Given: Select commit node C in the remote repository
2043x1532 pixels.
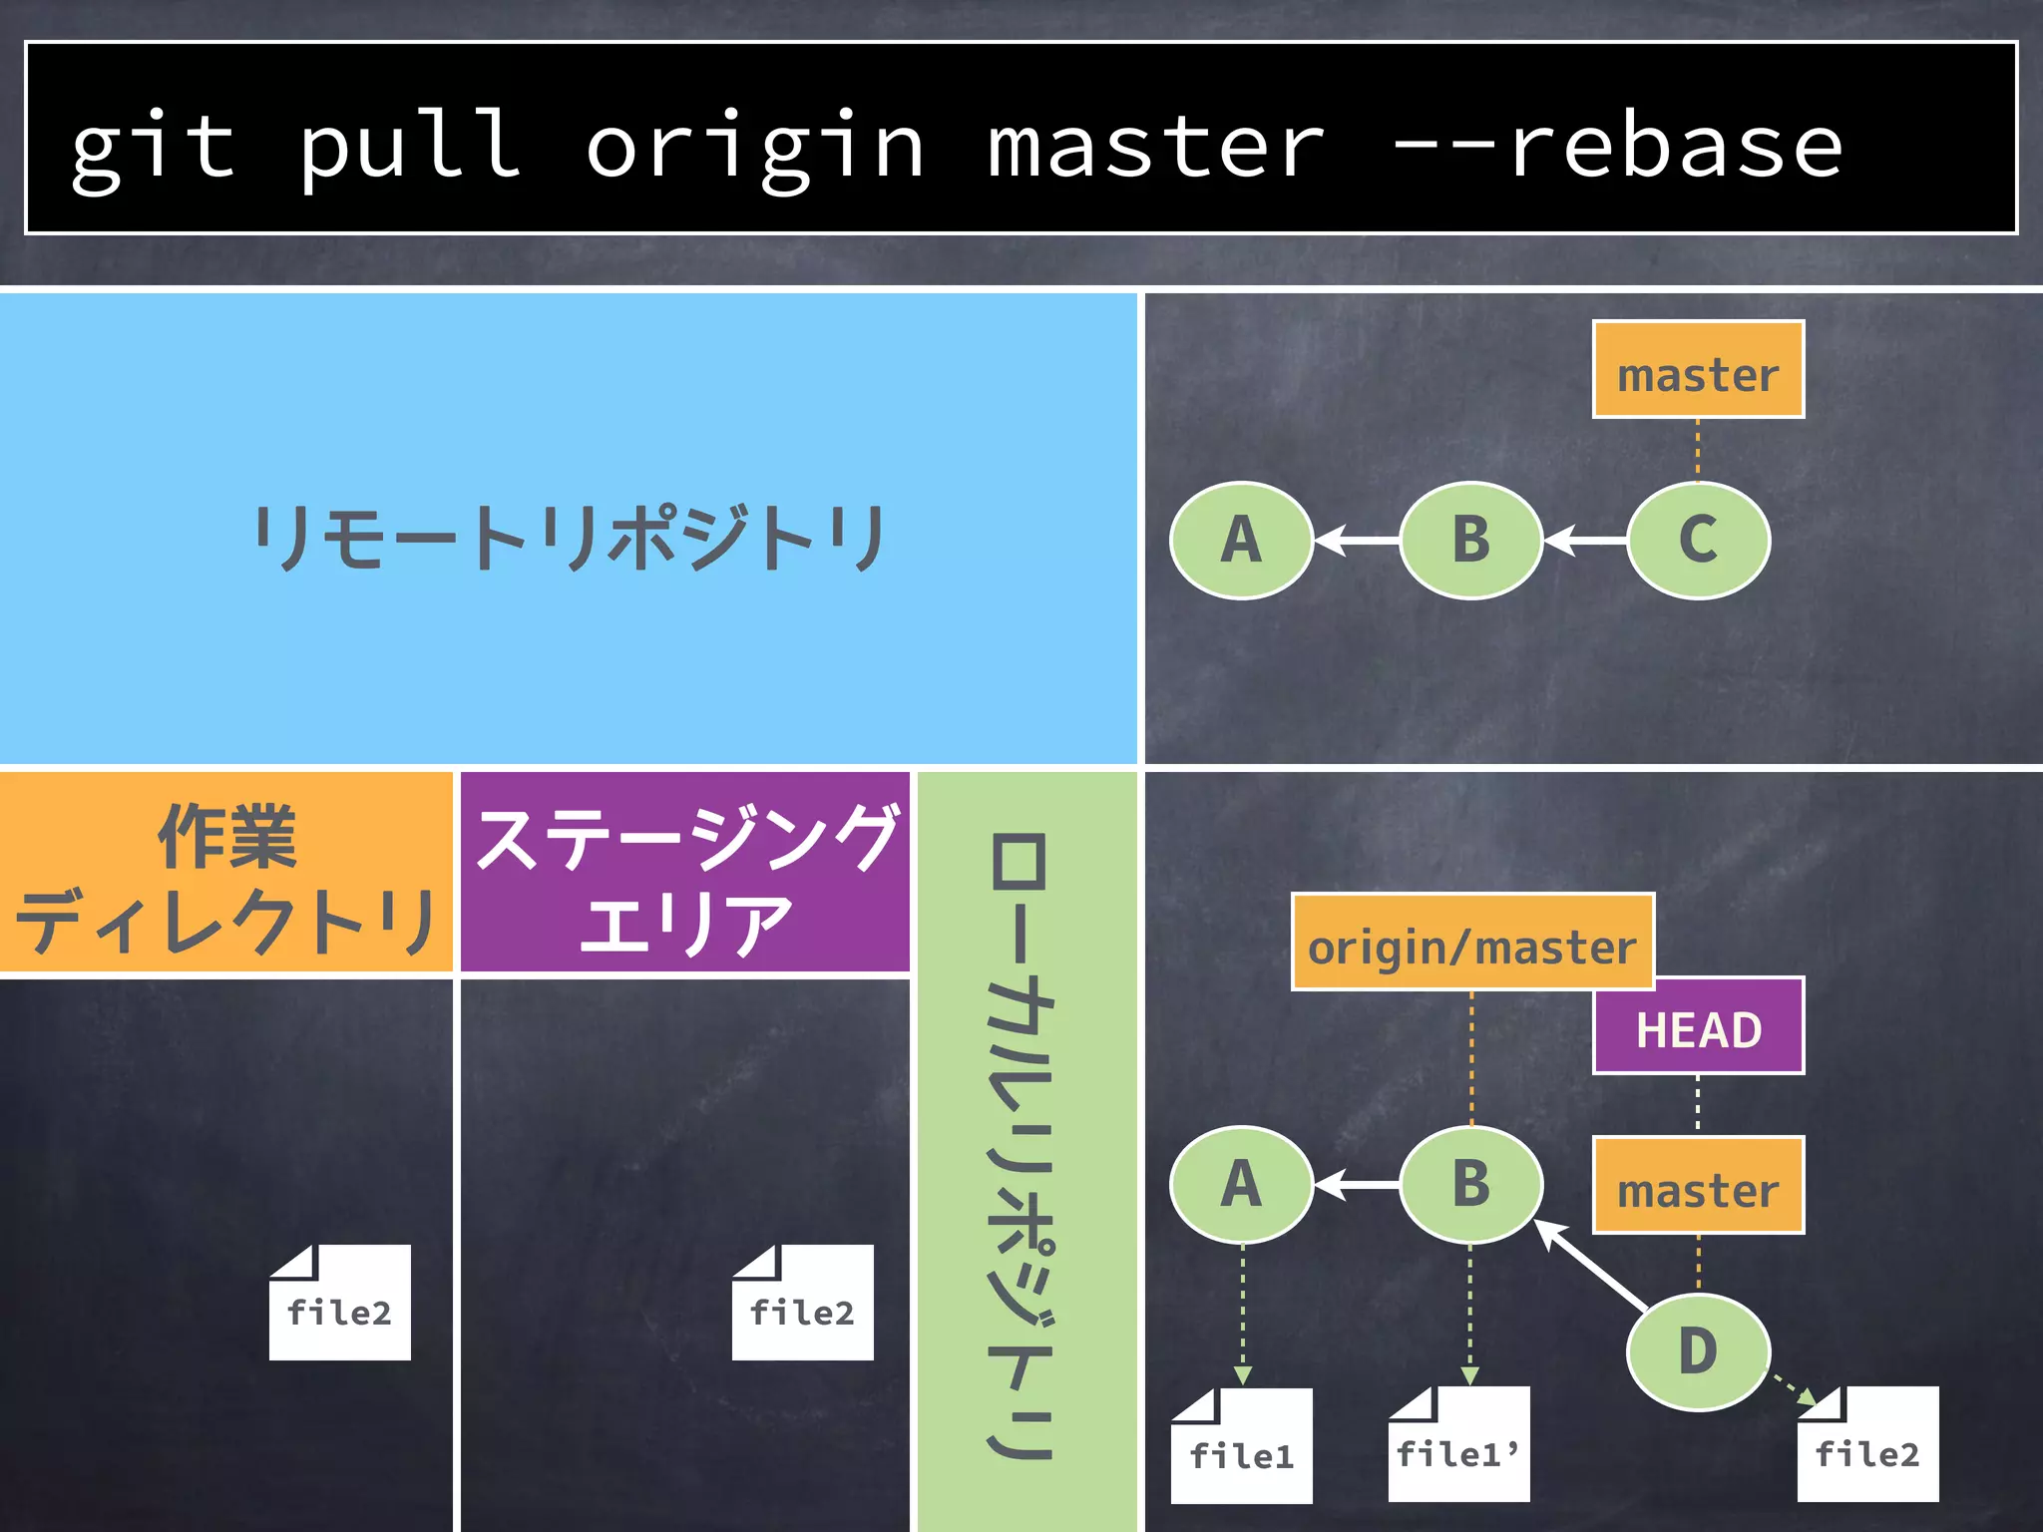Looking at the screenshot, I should click(1698, 540).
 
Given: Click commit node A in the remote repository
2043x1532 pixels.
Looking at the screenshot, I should click(1241, 540).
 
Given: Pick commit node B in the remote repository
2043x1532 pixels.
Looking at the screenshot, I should click(1470, 540).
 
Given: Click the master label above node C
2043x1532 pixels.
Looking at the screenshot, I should click(1698, 370).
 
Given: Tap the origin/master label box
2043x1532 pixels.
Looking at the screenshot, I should click(1472, 943).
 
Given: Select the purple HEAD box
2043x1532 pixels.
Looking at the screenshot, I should click(1698, 1026).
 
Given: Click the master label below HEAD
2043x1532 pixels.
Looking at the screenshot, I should click(1698, 1186).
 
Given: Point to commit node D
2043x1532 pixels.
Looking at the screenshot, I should click(1698, 1351).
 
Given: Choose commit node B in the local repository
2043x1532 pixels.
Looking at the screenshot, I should click(1470, 1184).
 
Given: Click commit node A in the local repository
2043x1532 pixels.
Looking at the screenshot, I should click(1241, 1184).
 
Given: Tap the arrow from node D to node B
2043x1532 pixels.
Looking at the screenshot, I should click(1591, 1264).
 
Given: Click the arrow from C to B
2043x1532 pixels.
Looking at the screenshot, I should click(1585, 541).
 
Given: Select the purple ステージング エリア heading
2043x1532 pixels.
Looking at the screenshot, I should click(685, 873).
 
